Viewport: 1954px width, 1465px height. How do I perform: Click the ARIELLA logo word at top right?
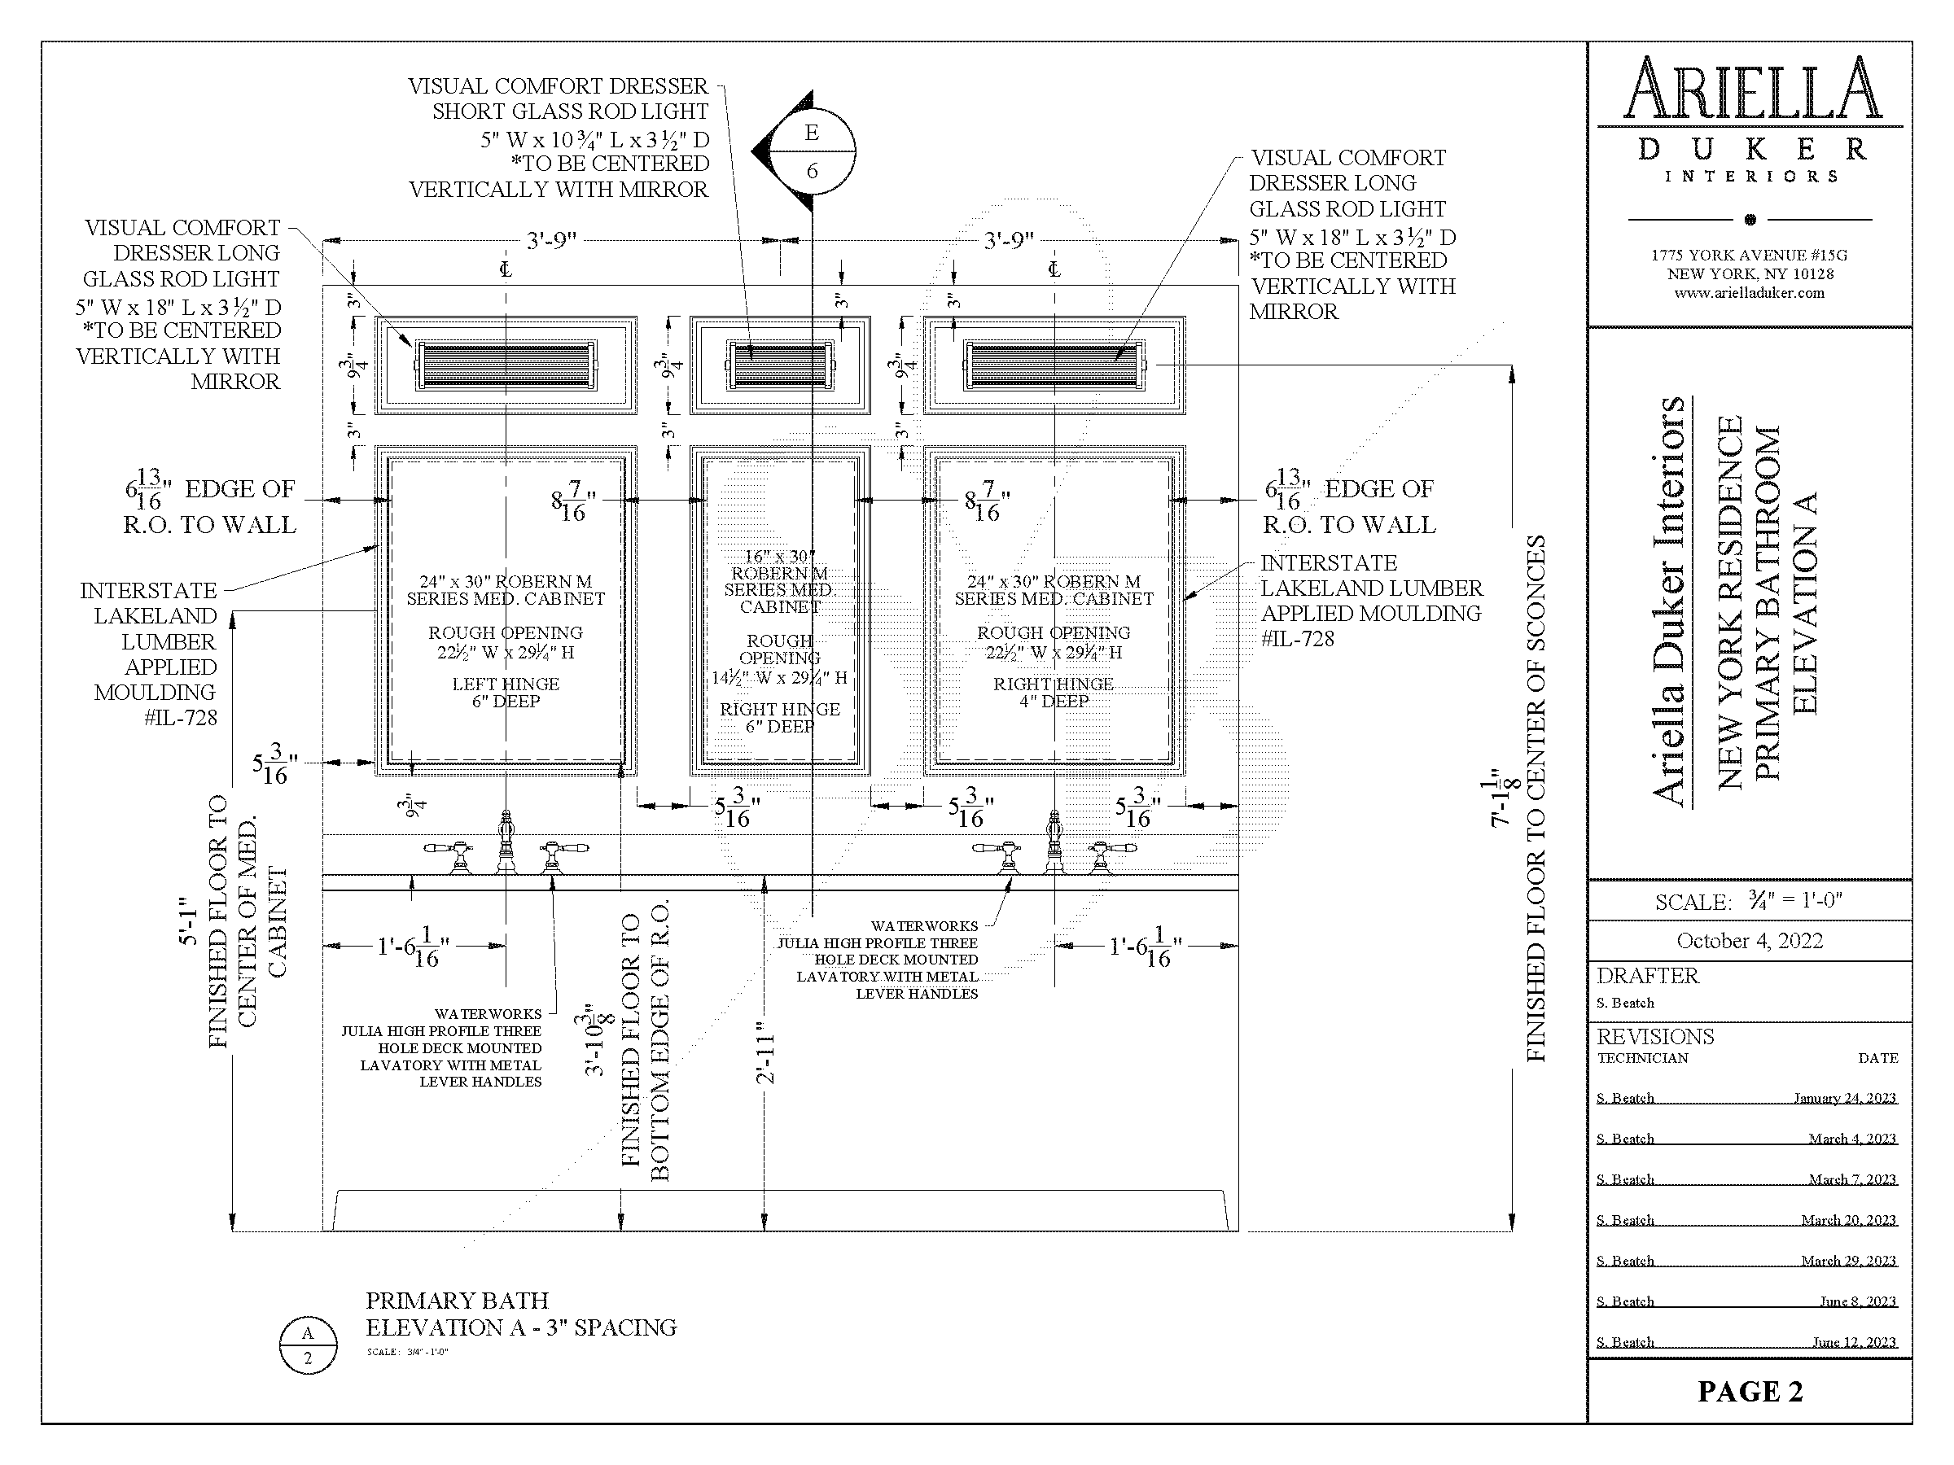[1752, 90]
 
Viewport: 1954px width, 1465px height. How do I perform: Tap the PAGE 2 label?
[1749, 1391]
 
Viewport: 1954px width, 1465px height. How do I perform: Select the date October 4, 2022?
[1749, 941]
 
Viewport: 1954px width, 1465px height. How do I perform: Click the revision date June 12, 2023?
[1854, 1342]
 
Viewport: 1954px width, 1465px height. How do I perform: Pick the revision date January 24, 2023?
[1844, 1098]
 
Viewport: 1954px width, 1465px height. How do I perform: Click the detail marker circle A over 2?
[308, 1345]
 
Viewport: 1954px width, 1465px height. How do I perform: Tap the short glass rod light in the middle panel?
[780, 365]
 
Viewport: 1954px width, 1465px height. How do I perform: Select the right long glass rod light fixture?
[1054, 365]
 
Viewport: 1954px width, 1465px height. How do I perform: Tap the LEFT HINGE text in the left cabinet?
[506, 684]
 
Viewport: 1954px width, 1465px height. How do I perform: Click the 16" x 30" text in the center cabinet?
[779, 557]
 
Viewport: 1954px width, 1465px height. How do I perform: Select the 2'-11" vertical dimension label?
[765, 1059]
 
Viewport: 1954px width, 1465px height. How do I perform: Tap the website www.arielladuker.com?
[1749, 293]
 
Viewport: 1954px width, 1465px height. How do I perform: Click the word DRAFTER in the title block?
[1648, 976]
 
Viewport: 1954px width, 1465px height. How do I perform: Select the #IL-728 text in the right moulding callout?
[1297, 638]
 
